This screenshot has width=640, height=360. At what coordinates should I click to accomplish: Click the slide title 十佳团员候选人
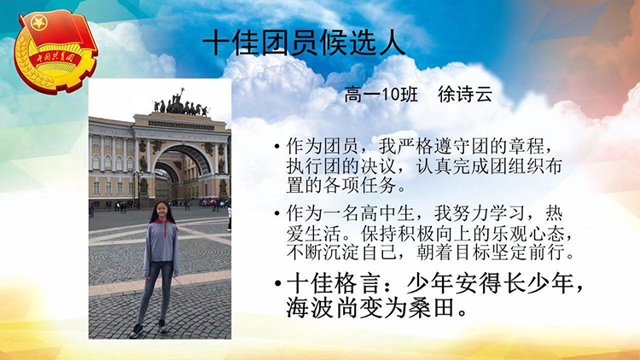[x=304, y=43]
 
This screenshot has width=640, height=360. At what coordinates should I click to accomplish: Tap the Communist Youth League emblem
[x=55, y=51]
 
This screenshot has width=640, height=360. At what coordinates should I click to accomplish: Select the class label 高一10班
[x=381, y=95]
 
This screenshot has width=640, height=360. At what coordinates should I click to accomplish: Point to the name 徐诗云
[x=465, y=95]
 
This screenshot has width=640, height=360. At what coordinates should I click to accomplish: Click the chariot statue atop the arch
[x=181, y=103]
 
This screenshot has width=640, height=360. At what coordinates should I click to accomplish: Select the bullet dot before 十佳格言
[x=278, y=283]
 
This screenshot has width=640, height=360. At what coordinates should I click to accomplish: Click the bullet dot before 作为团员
[x=277, y=146]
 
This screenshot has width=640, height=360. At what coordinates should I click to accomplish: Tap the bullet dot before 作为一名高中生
[x=277, y=213]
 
